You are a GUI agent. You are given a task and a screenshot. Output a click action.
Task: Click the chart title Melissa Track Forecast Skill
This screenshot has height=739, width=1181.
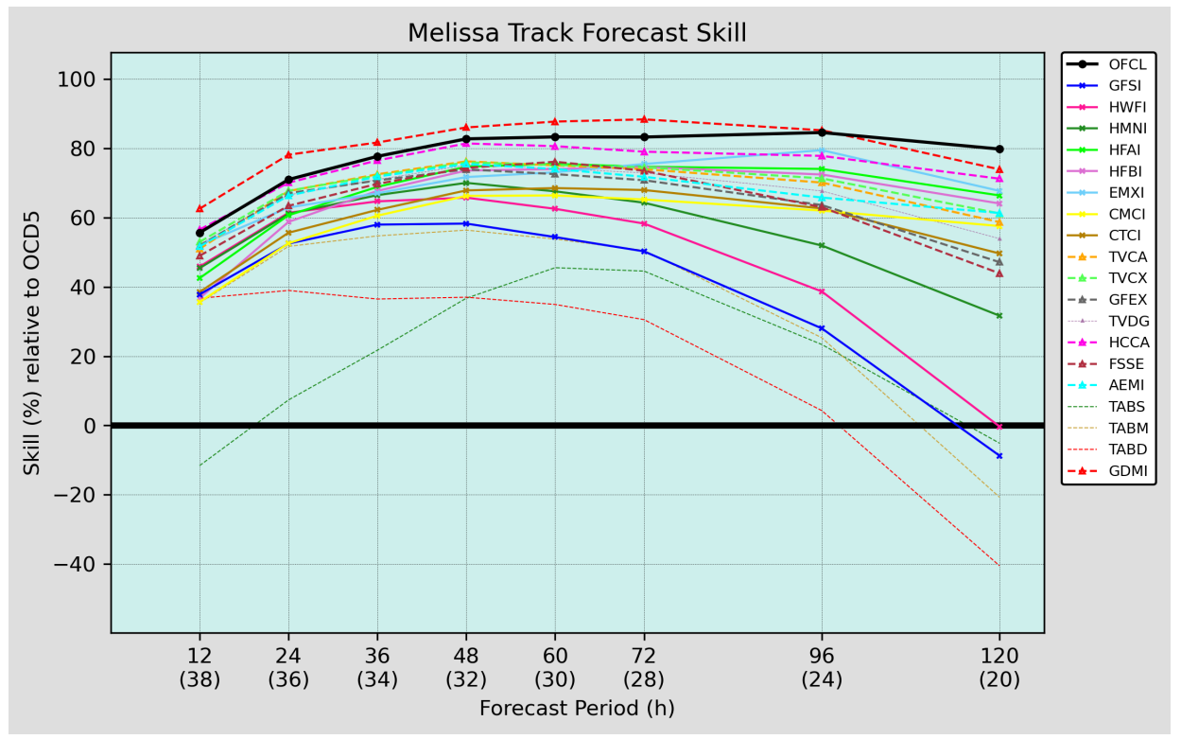pos(577,33)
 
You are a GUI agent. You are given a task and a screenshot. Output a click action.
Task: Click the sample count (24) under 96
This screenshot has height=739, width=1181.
pos(822,679)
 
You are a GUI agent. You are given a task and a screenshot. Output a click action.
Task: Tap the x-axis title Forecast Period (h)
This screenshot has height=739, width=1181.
pos(577,709)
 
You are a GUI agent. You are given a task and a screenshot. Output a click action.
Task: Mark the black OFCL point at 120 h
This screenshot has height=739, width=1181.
pos(999,149)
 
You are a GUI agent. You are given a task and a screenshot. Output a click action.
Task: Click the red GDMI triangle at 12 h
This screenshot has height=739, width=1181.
pos(200,208)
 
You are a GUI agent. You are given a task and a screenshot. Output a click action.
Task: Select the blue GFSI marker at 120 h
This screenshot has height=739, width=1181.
pos(999,456)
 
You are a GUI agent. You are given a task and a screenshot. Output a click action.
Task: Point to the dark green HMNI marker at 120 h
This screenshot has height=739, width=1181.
pos(999,315)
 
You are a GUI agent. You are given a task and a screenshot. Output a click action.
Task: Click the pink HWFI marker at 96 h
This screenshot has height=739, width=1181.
pos(822,291)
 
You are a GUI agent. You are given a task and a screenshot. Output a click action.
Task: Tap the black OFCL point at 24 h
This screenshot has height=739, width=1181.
pos(288,180)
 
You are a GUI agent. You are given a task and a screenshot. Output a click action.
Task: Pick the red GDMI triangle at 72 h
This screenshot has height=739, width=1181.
pos(644,119)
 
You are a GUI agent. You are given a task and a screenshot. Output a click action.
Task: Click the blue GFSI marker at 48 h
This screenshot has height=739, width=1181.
pos(466,223)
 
